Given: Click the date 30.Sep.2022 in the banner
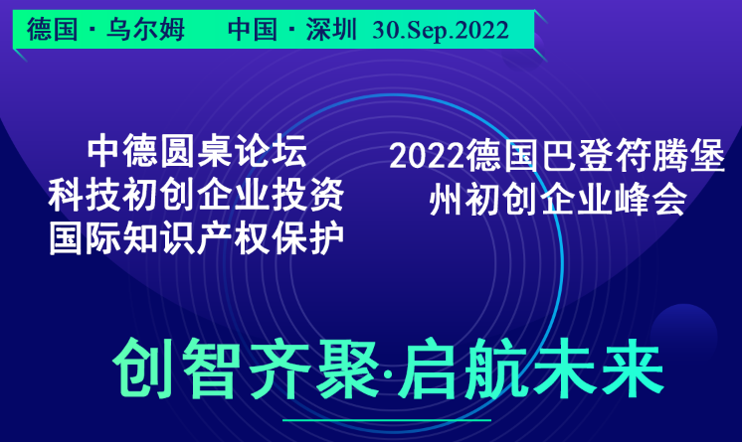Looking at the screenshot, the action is coord(440,31).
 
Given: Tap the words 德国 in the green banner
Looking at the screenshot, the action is coord(52,30).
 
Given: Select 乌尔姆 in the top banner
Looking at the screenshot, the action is coord(145,30).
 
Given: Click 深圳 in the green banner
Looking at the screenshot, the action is coord(331,30).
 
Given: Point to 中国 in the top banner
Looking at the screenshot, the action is coord(253,30).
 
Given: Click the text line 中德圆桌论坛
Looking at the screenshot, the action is coord(197,151).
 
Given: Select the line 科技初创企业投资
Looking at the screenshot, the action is coord(196,195).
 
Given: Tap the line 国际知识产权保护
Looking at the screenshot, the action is coord(196,238).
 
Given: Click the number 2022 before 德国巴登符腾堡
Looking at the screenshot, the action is coord(428,157).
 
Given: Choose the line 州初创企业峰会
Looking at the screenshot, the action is coord(558,199).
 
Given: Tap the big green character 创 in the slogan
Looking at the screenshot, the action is coord(142,368).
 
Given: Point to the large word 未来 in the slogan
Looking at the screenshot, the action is coord(600,368).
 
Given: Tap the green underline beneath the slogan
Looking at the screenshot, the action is coord(387,420).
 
